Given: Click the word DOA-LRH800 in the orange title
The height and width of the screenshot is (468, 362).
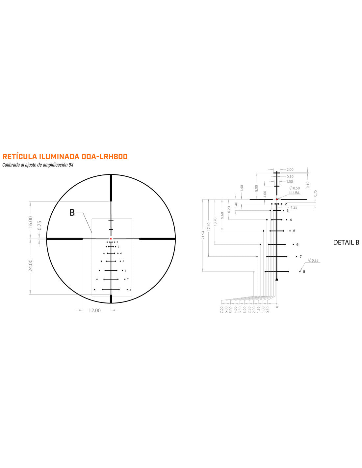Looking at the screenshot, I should click(x=104, y=157).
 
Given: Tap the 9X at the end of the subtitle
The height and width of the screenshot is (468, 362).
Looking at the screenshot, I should click(x=71, y=165).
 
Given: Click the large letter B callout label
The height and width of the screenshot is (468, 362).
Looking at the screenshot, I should click(x=72, y=213).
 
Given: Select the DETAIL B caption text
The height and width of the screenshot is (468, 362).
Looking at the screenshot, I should click(x=346, y=243).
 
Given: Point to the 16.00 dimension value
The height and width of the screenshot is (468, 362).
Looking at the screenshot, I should click(x=30, y=222).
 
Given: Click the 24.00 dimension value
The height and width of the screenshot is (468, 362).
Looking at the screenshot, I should click(x=30, y=265).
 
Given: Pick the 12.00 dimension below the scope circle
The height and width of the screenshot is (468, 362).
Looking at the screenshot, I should click(x=94, y=310).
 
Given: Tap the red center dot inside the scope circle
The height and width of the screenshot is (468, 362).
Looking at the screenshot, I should click(x=111, y=239).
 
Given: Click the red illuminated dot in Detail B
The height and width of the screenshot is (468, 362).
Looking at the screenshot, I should click(x=277, y=199).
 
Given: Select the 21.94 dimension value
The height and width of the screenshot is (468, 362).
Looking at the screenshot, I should click(x=203, y=236).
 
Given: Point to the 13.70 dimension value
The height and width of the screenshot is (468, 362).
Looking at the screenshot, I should click(x=215, y=222).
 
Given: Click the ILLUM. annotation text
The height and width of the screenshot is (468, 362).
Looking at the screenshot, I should click(x=294, y=193).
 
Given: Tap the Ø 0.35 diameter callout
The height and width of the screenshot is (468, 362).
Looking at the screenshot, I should click(x=313, y=260).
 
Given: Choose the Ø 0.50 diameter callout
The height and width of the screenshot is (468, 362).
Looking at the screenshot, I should click(x=295, y=188).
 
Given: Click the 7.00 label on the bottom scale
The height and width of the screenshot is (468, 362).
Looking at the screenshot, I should click(x=221, y=309).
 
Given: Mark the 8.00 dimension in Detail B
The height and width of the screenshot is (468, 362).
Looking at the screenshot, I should click(x=256, y=188).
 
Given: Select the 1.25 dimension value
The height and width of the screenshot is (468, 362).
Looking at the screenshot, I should click(x=294, y=207).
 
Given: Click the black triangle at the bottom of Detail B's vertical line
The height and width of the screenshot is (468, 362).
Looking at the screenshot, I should click(x=277, y=279).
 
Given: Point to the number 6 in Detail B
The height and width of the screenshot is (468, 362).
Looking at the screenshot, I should click(x=297, y=245).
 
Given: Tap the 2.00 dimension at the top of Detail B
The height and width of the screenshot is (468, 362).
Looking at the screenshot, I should click(x=290, y=169).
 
